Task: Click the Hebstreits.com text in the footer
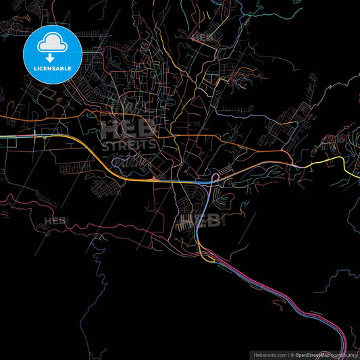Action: [269, 355]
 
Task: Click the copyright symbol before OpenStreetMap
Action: [292, 355]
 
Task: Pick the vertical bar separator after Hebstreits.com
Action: [288, 355]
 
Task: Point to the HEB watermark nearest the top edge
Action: [203, 36]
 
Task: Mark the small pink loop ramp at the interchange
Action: [215, 178]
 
